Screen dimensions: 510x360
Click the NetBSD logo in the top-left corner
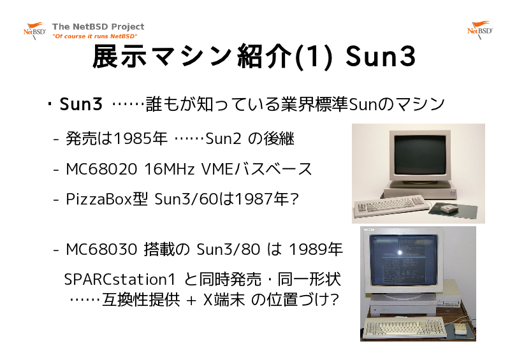click(34, 31)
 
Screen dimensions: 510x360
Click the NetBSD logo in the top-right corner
click(480, 30)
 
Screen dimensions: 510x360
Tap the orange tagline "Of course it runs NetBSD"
click(94, 36)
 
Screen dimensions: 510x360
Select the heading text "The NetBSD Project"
click(98, 26)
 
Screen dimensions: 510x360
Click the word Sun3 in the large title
click(381, 56)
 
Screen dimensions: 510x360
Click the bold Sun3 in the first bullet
click(81, 104)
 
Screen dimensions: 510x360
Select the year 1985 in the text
click(133, 138)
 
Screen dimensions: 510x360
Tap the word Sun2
click(223, 138)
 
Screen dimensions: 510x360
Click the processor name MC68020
click(101, 169)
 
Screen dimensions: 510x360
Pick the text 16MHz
click(169, 169)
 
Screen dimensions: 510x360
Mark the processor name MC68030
click(101, 249)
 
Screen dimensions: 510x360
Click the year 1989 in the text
click(308, 249)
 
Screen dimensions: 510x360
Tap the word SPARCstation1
click(120, 279)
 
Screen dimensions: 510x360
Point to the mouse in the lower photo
click(459, 329)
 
